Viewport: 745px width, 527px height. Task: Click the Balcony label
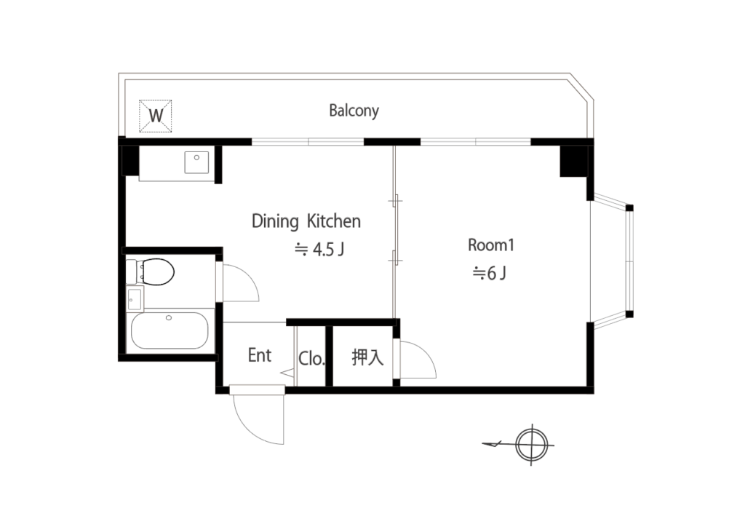[x=354, y=111]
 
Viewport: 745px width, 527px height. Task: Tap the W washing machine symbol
[x=156, y=116]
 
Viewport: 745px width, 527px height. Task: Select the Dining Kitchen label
[x=306, y=221]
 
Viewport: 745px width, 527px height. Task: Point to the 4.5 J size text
[x=319, y=249]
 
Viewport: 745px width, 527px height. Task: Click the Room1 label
[x=491, y=245]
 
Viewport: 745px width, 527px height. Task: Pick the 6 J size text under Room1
[x=489, y=273]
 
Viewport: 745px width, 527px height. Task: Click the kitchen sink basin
[x=196, y=163]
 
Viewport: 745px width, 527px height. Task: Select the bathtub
[x=170, y=330]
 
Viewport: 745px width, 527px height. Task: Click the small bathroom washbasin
[x=135, y=299]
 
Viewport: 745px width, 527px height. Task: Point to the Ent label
[x=260, y=355]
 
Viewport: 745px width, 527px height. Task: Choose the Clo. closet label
[x=311, y=358]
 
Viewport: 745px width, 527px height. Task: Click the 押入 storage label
[x=367, y=357]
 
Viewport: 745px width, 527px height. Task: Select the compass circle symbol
[x=532, y=445]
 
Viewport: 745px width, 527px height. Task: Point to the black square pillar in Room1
[x=573, y=161]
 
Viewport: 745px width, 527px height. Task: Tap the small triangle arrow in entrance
[x=287, y=373]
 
